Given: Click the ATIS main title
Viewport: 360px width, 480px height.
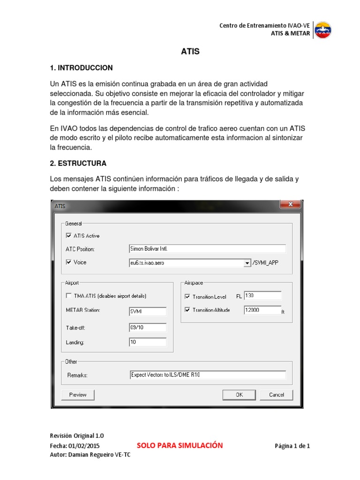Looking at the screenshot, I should coord(190,52).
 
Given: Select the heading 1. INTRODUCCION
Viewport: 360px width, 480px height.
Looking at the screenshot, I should coord(81,68).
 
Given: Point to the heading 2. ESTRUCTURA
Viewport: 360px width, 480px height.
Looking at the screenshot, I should coord(78,164).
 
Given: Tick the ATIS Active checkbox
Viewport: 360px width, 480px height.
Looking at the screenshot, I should coord(69,236).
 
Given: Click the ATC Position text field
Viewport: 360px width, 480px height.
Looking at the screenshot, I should coord(207,248).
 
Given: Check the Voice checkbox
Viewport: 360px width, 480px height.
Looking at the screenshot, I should coord(69,262).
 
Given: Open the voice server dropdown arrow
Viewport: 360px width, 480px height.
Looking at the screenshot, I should coord(247,263).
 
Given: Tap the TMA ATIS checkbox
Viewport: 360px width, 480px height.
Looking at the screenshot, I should coord(69,296).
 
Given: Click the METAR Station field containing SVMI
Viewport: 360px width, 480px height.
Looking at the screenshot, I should coord(147,311).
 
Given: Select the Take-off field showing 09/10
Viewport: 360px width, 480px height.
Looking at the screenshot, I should coord(147,327).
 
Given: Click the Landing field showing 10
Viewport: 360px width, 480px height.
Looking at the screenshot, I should coord(147,342).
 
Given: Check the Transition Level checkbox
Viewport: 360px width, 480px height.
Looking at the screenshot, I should coord(187,297).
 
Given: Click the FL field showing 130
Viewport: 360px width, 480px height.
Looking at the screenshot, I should coord(262,296).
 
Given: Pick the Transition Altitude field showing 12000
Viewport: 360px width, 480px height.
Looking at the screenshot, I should coord(262,310).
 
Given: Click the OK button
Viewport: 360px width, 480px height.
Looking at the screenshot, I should coord(239,395).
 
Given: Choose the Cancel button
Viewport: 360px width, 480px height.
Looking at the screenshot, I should coord(277,395).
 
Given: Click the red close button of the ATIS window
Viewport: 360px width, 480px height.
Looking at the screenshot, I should coord(290,204).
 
